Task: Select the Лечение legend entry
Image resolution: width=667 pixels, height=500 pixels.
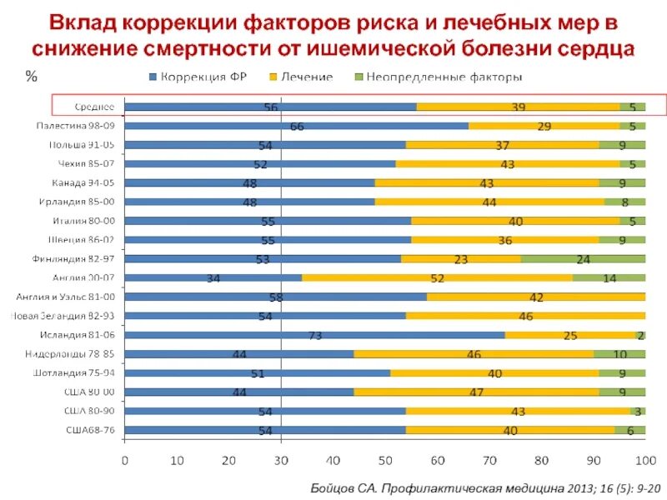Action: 301,77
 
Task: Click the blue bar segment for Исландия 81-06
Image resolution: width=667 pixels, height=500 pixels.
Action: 314,335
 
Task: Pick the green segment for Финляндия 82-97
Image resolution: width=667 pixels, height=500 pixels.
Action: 583,258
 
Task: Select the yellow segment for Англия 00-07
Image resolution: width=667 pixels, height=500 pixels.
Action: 437,277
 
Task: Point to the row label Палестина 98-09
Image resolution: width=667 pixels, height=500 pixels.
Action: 75,125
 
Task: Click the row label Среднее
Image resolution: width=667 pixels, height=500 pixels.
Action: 94,107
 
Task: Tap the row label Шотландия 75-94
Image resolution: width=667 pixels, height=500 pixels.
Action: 76,372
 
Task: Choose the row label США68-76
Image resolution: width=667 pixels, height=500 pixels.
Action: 90,430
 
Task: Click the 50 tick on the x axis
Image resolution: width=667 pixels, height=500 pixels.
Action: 385,459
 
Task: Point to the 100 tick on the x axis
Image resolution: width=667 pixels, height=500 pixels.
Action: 644,459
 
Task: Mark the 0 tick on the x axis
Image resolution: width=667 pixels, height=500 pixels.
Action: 125,459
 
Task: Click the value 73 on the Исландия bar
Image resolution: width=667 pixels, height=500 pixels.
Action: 315,335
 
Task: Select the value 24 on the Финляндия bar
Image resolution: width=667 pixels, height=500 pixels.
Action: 584,259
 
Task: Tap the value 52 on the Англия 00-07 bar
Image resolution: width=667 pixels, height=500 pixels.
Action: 437,278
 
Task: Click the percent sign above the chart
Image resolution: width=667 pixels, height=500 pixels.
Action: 31,76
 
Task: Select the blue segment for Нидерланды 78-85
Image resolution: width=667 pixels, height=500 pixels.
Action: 238,354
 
